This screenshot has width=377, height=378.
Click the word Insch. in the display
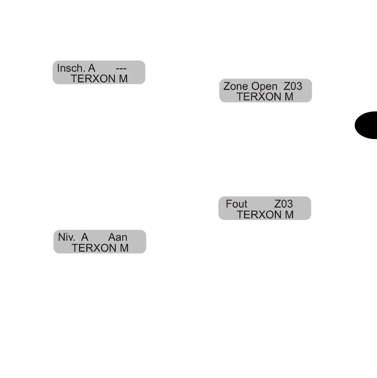71,68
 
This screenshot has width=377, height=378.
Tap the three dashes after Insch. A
121,69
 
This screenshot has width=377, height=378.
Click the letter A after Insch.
92,68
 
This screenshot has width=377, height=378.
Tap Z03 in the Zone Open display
293,86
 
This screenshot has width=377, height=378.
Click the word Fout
236,204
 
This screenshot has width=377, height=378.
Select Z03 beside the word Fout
283,204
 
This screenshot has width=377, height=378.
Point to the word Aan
118,237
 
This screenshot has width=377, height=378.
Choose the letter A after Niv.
84,237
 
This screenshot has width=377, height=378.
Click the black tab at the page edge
367,125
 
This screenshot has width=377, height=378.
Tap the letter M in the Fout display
289,215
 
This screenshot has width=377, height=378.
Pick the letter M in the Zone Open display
289,97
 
